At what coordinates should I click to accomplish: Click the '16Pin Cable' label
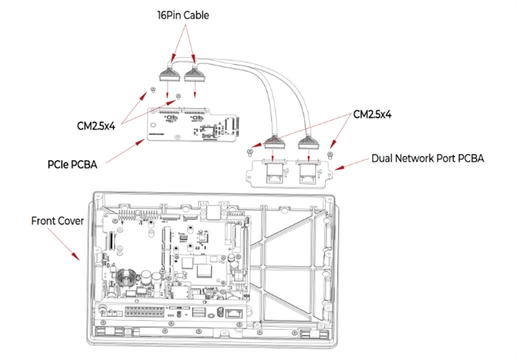point(184,14)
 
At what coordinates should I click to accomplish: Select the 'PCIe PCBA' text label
point(72,165)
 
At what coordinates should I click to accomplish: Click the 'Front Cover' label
point(58,220)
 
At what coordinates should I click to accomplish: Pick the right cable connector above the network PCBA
point(308,144)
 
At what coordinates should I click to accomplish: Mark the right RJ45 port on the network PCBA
point(309,170)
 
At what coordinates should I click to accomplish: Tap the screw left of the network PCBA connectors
point(249,153)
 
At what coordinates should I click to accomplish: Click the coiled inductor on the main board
point(125,280)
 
